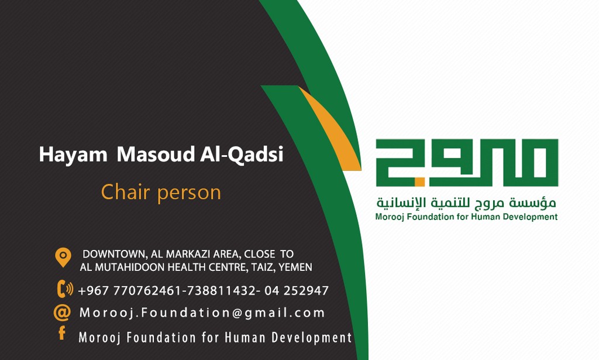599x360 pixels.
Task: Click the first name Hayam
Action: click(x=73, y=155)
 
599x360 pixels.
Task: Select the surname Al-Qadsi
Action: click(x=242, y=155)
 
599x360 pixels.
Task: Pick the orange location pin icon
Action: click(x=63, y=257)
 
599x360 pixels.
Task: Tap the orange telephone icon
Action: click(x=64, y=289)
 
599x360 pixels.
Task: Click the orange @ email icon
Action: click(x=62, y=313)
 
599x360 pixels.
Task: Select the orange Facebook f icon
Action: click(x=62, y=333)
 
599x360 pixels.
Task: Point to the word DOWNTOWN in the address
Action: click(x=115, y=254)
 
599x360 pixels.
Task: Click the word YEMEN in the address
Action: click(x=295, y=267)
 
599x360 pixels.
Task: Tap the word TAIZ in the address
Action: click(x=262, y=267)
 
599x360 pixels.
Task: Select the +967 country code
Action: click(x=94, y=291)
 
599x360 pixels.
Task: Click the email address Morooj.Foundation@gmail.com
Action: click(x=202, y=313)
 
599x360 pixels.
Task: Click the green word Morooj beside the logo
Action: click(x=390, y=217)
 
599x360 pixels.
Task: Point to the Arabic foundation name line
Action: click(x=466, y=203)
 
